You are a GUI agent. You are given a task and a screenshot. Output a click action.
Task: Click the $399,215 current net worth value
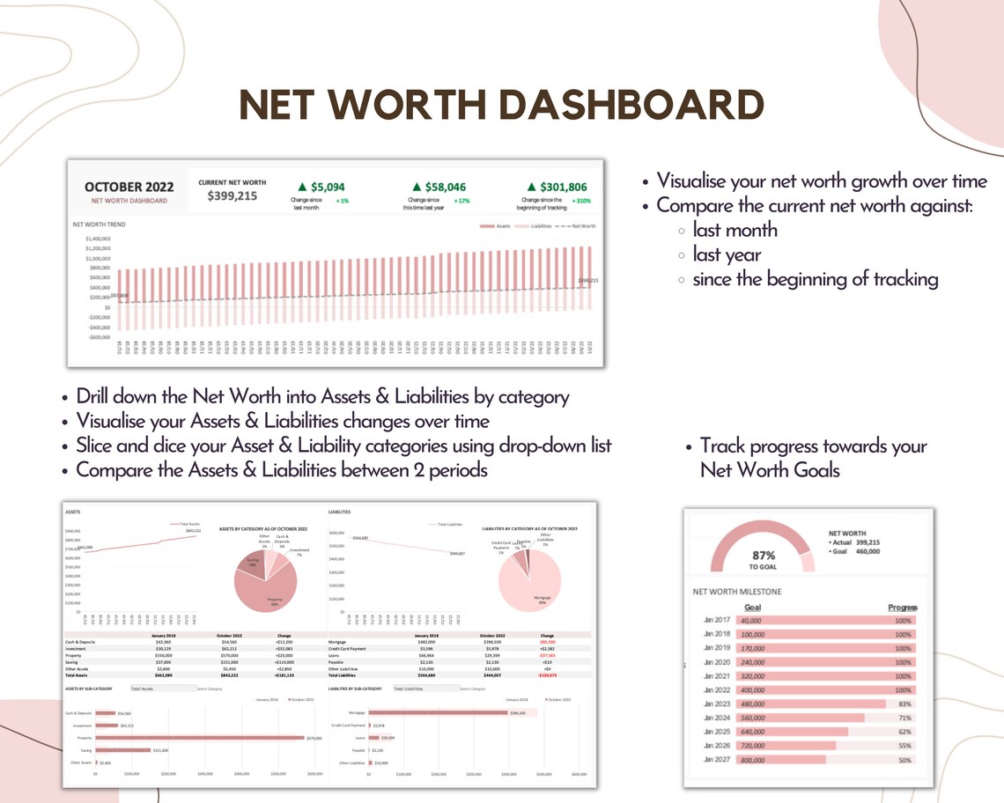click(x=233, y=195)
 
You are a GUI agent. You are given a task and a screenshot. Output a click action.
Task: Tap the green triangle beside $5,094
click(x=302, y=187)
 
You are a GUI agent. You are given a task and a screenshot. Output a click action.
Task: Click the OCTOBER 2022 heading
click(x=129, y=187)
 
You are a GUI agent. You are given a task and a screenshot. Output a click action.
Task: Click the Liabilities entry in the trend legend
click(x=541, y=226)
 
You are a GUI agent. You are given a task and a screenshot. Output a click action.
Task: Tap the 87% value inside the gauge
click(x=763, y=556)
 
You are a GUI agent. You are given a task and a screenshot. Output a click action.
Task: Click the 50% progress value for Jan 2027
click(x=903, y=759)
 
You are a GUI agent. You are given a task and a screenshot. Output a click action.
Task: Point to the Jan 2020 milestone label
click(x=717, y=662)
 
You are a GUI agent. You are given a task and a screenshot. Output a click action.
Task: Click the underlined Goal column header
click(x=753, y=608)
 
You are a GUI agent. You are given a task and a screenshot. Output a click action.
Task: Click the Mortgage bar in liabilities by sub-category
click(x=438, y=712)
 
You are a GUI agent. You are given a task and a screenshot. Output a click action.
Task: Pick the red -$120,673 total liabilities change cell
click(x=547, y=675)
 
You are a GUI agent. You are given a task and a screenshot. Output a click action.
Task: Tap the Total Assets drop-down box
click(x=161, y=689)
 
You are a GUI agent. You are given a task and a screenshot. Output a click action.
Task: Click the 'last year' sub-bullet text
click(x=727, y=255)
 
